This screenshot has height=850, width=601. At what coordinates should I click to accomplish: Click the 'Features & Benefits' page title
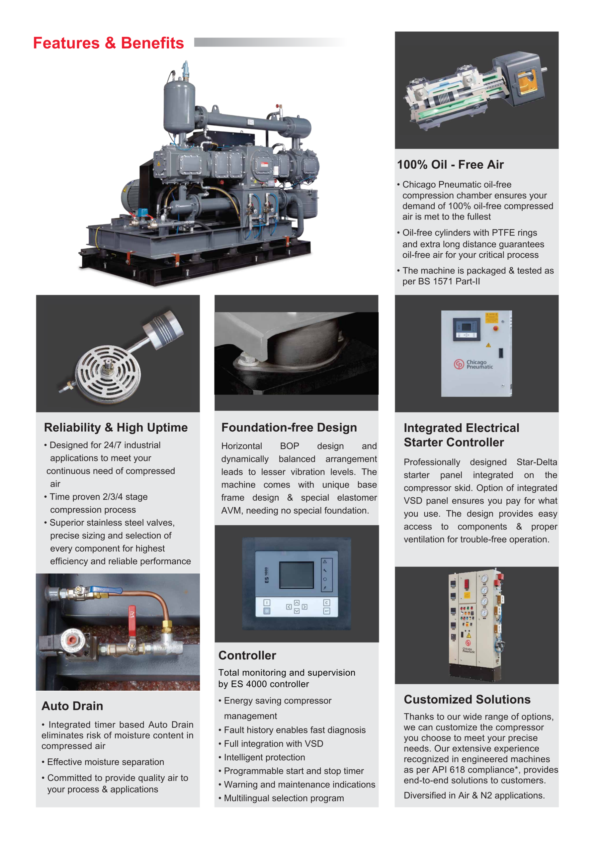[x=109, y=43]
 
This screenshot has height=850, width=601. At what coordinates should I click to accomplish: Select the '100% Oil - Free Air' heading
[x=450, y=164]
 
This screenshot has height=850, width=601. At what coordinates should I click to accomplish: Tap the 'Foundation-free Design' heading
[x=289, y=428]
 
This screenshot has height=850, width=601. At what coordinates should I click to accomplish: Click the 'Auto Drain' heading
[x=72, y=706]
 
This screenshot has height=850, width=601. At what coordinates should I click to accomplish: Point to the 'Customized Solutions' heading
[x=467, y=699]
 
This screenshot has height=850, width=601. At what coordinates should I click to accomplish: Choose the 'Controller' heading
[x=247, y=655]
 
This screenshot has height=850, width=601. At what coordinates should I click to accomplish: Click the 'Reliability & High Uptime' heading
[x=116, y=428]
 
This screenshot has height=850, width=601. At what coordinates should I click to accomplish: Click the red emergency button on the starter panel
[x=496, y=328]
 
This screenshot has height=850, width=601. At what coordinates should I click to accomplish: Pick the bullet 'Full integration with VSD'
[x=273, y=744]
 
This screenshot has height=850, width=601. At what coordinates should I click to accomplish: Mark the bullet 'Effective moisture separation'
[x=105, y=762]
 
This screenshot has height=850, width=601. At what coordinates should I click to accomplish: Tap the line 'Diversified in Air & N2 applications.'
[x=474, y=795]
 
